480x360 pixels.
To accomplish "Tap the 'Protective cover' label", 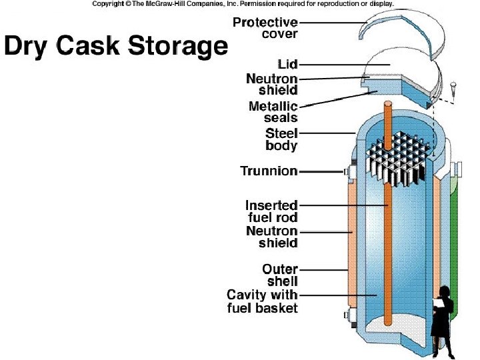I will tap(265, 28).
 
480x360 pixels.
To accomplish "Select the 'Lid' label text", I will tap(289, 65).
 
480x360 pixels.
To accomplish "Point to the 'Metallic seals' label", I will tap(273, 112).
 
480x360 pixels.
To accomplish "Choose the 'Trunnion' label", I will tap(269, 171).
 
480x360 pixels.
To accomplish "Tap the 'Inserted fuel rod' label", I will tap(271, 211).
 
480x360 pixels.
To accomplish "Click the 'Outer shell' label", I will tap(280, 275).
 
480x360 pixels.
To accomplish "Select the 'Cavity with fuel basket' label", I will tap(263, 301).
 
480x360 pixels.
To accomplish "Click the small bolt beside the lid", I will tap(452, 87).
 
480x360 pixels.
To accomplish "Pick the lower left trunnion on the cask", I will tap(347, 315).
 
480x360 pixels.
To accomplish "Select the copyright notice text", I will tap(243, 4).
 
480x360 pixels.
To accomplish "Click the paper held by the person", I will tap(438, 303).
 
